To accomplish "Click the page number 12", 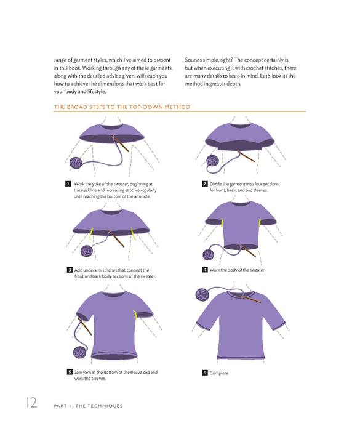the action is coord(31,403).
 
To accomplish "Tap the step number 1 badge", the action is coord(68,184).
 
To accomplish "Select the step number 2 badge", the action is coord(205,184).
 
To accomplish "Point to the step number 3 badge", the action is coord(70,270).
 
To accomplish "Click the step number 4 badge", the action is coord(205,270).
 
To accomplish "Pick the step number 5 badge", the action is coord(70,372).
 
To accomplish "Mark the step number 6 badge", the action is coord(205,373).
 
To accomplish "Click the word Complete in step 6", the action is coord(219,373).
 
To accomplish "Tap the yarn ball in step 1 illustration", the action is coord(76,163).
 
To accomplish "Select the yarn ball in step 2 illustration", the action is coord(212,161).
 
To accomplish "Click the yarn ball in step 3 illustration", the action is coord(87,251).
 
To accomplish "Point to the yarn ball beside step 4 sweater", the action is coord(209,254).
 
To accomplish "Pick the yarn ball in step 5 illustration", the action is coord(80,352).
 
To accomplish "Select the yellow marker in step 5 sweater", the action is coord(135,315).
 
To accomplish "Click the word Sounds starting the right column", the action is coord(193,60).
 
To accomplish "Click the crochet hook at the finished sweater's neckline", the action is coord(251,299).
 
